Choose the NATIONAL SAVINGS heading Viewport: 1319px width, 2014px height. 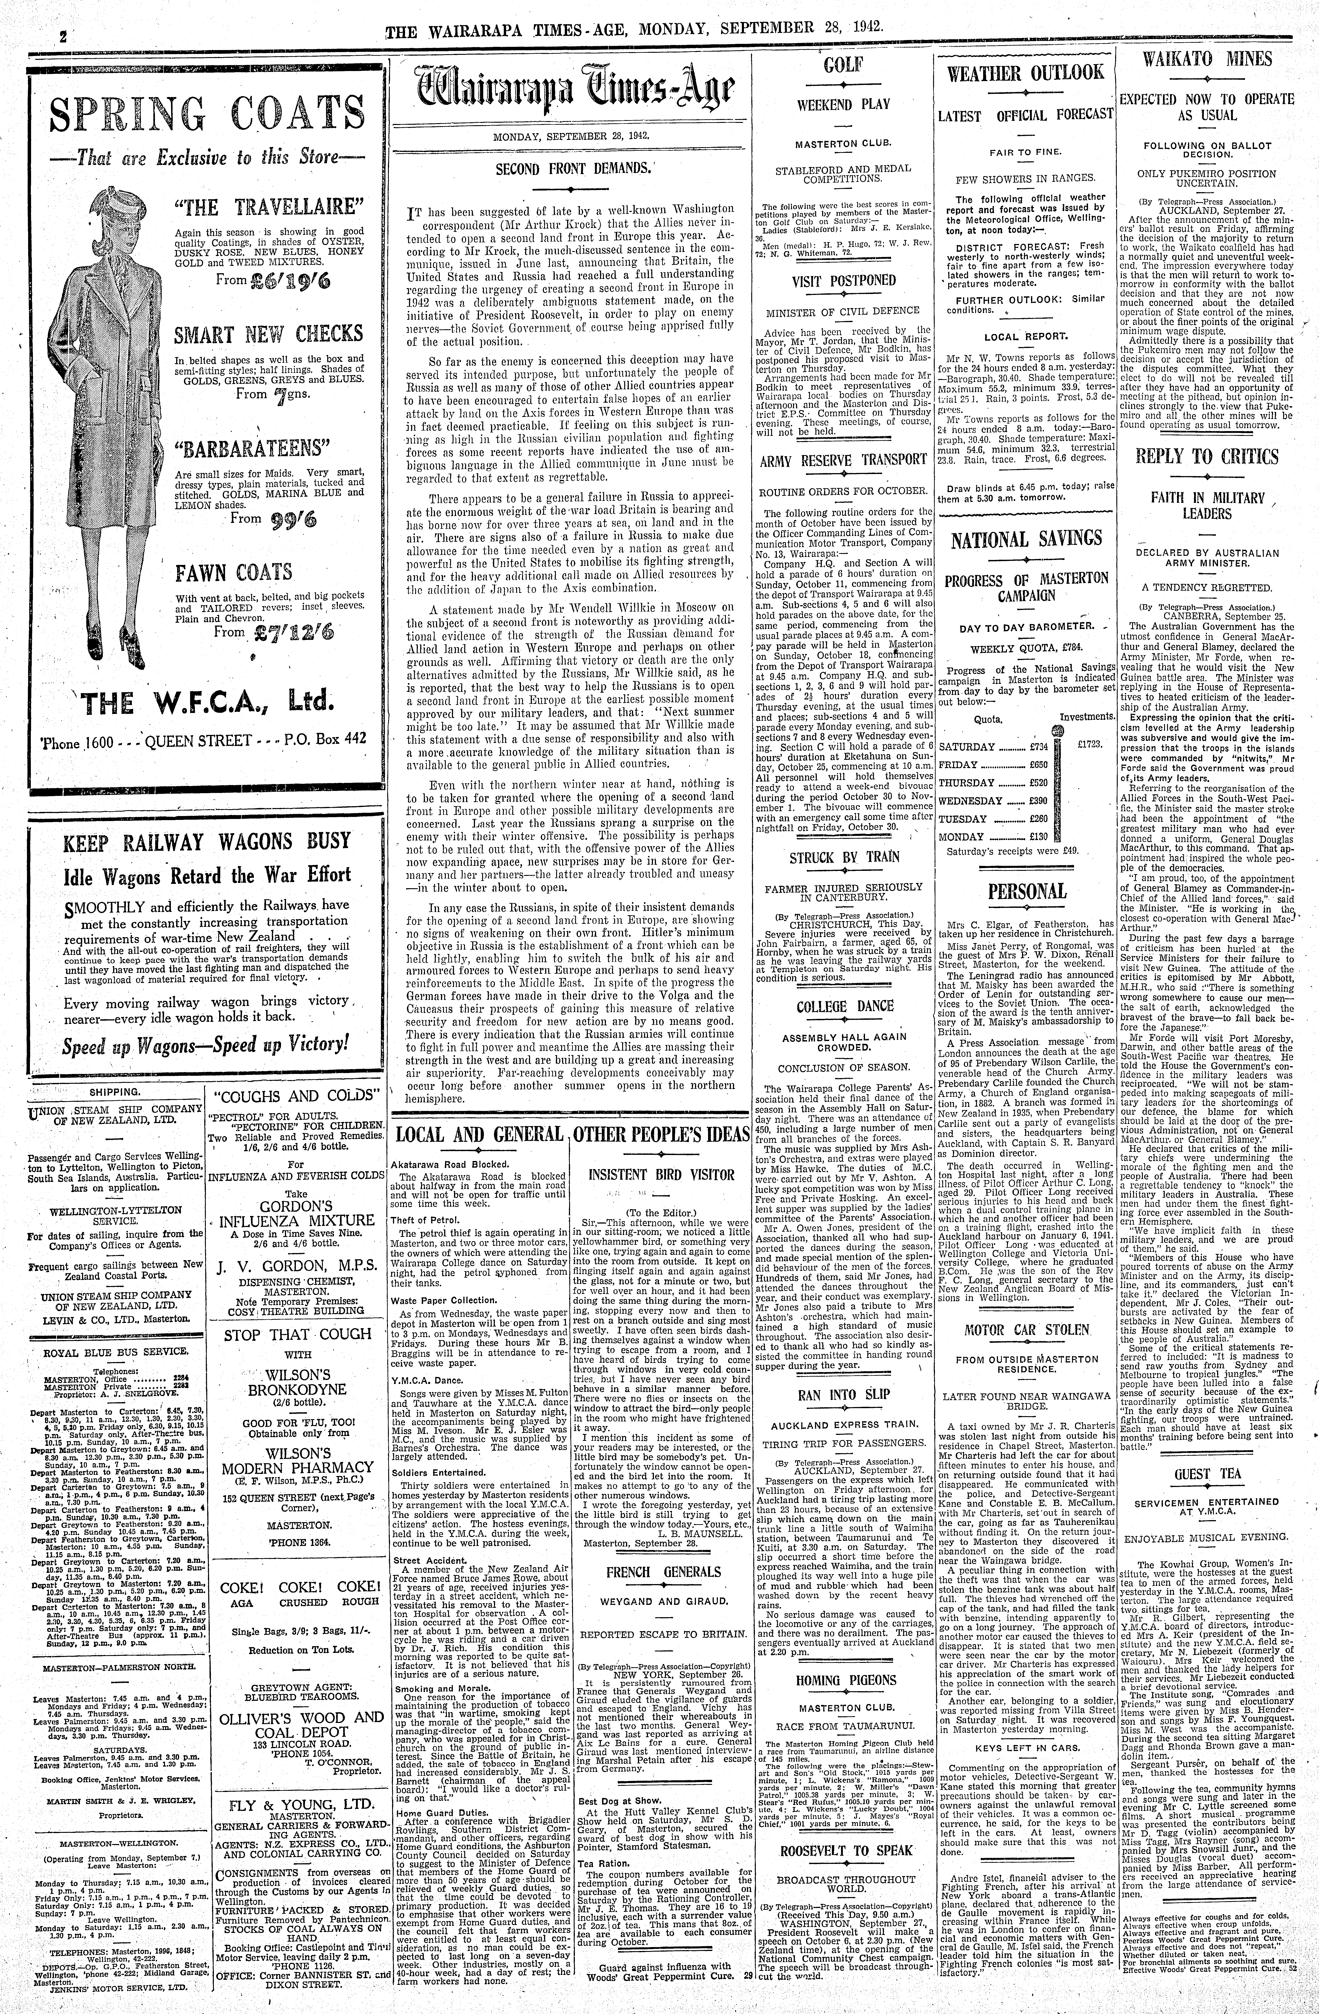[x=1026, y=539]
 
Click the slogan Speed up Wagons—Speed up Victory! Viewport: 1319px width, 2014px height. [x=207, y=1043]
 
